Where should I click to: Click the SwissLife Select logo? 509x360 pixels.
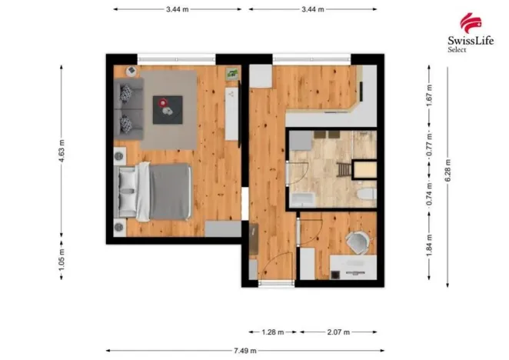[471, 32]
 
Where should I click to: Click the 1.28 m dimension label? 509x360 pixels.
[273, 332]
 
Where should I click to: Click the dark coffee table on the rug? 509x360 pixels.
[168, 109]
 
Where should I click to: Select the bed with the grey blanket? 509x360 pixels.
[154, 191]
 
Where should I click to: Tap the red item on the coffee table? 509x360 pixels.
[163, 103]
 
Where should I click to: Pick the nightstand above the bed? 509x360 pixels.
[120, 156]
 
